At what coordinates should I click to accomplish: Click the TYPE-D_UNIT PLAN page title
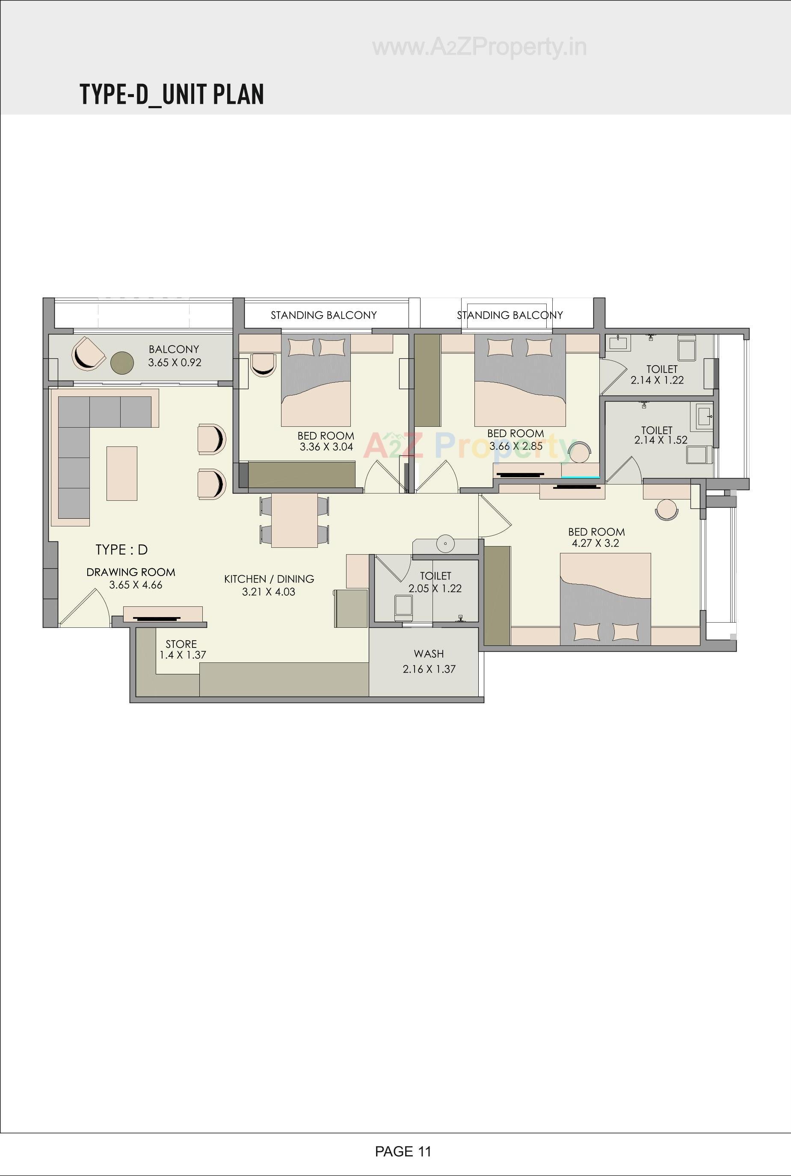(172, 95)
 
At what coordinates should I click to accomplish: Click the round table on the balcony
(122, 363)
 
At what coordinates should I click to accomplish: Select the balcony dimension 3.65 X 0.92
(175, 362)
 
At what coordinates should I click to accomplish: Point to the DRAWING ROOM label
(130, 572)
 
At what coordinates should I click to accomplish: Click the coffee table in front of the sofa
(121, 473)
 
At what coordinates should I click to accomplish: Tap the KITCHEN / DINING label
(269, 579)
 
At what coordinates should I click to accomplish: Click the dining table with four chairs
(295, 520)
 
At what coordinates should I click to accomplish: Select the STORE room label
(181, 644)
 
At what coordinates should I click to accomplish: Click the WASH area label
(429, 653)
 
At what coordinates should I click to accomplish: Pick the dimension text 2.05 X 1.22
(435, 588)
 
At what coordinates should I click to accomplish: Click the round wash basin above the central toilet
(445, 544)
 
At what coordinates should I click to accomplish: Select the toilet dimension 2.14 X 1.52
(661, 440)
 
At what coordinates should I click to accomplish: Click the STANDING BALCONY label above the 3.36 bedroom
(323, 315)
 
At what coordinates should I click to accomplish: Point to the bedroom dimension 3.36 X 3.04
(326, 446)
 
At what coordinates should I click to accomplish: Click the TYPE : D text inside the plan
(121, 550)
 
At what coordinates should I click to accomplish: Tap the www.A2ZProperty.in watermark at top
(479, 47)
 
